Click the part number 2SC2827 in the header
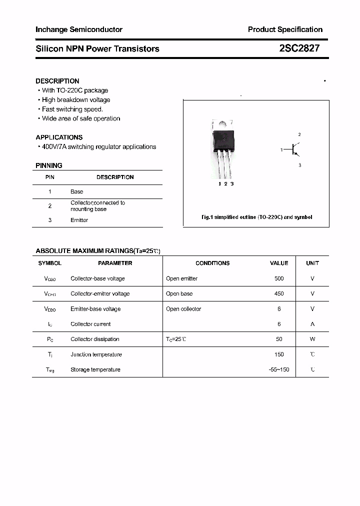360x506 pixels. (x=299, y=48)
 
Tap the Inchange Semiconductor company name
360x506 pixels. (x=79, y=29)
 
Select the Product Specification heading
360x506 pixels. (x=285, y=29)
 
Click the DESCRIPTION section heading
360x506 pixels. (x=57, y=81)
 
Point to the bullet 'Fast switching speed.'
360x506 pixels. (x=72, y=109)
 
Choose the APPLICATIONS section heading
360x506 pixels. (x=59, y=137)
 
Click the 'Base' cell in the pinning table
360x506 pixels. (x=77, y=191)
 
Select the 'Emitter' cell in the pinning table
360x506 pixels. (x=79, y=220)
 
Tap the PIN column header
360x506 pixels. (x=50, y=177)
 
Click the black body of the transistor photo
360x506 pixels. (x=223, y=140)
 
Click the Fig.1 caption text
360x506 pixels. (x=256, y=217)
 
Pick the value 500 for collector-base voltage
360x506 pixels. (x=279, y=278)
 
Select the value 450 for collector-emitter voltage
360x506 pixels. (x=279, y=293)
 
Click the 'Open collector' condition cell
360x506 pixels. (x=183, y=309)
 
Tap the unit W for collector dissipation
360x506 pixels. (x=312, y=339)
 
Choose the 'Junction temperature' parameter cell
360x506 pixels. (x=96, y=354)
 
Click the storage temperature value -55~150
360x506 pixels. (x=279, y=369)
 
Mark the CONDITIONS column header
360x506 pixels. (x=212, y=263)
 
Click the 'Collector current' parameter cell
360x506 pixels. (x=90, y=324)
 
